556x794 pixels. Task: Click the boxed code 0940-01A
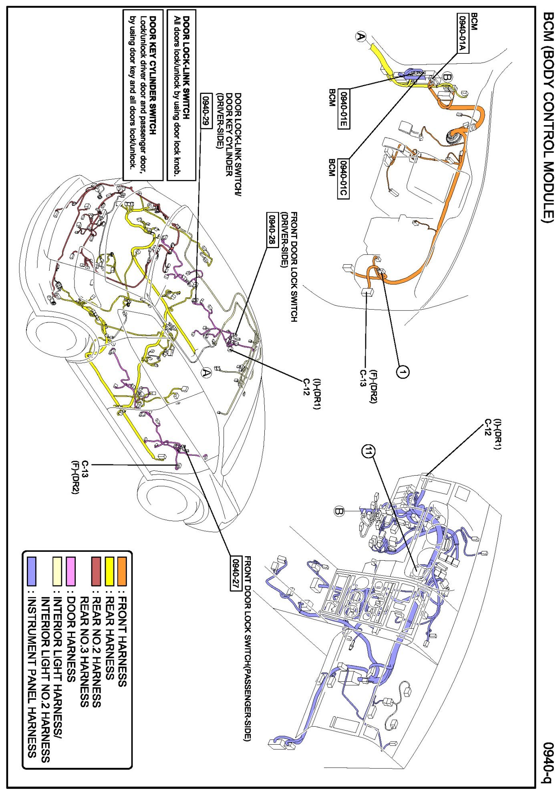click(x=463, y=33)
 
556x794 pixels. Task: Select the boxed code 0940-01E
click(x=343, y=108)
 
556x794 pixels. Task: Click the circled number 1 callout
click(x=403, y=372)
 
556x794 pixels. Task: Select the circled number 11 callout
click(x=368, y=452)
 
